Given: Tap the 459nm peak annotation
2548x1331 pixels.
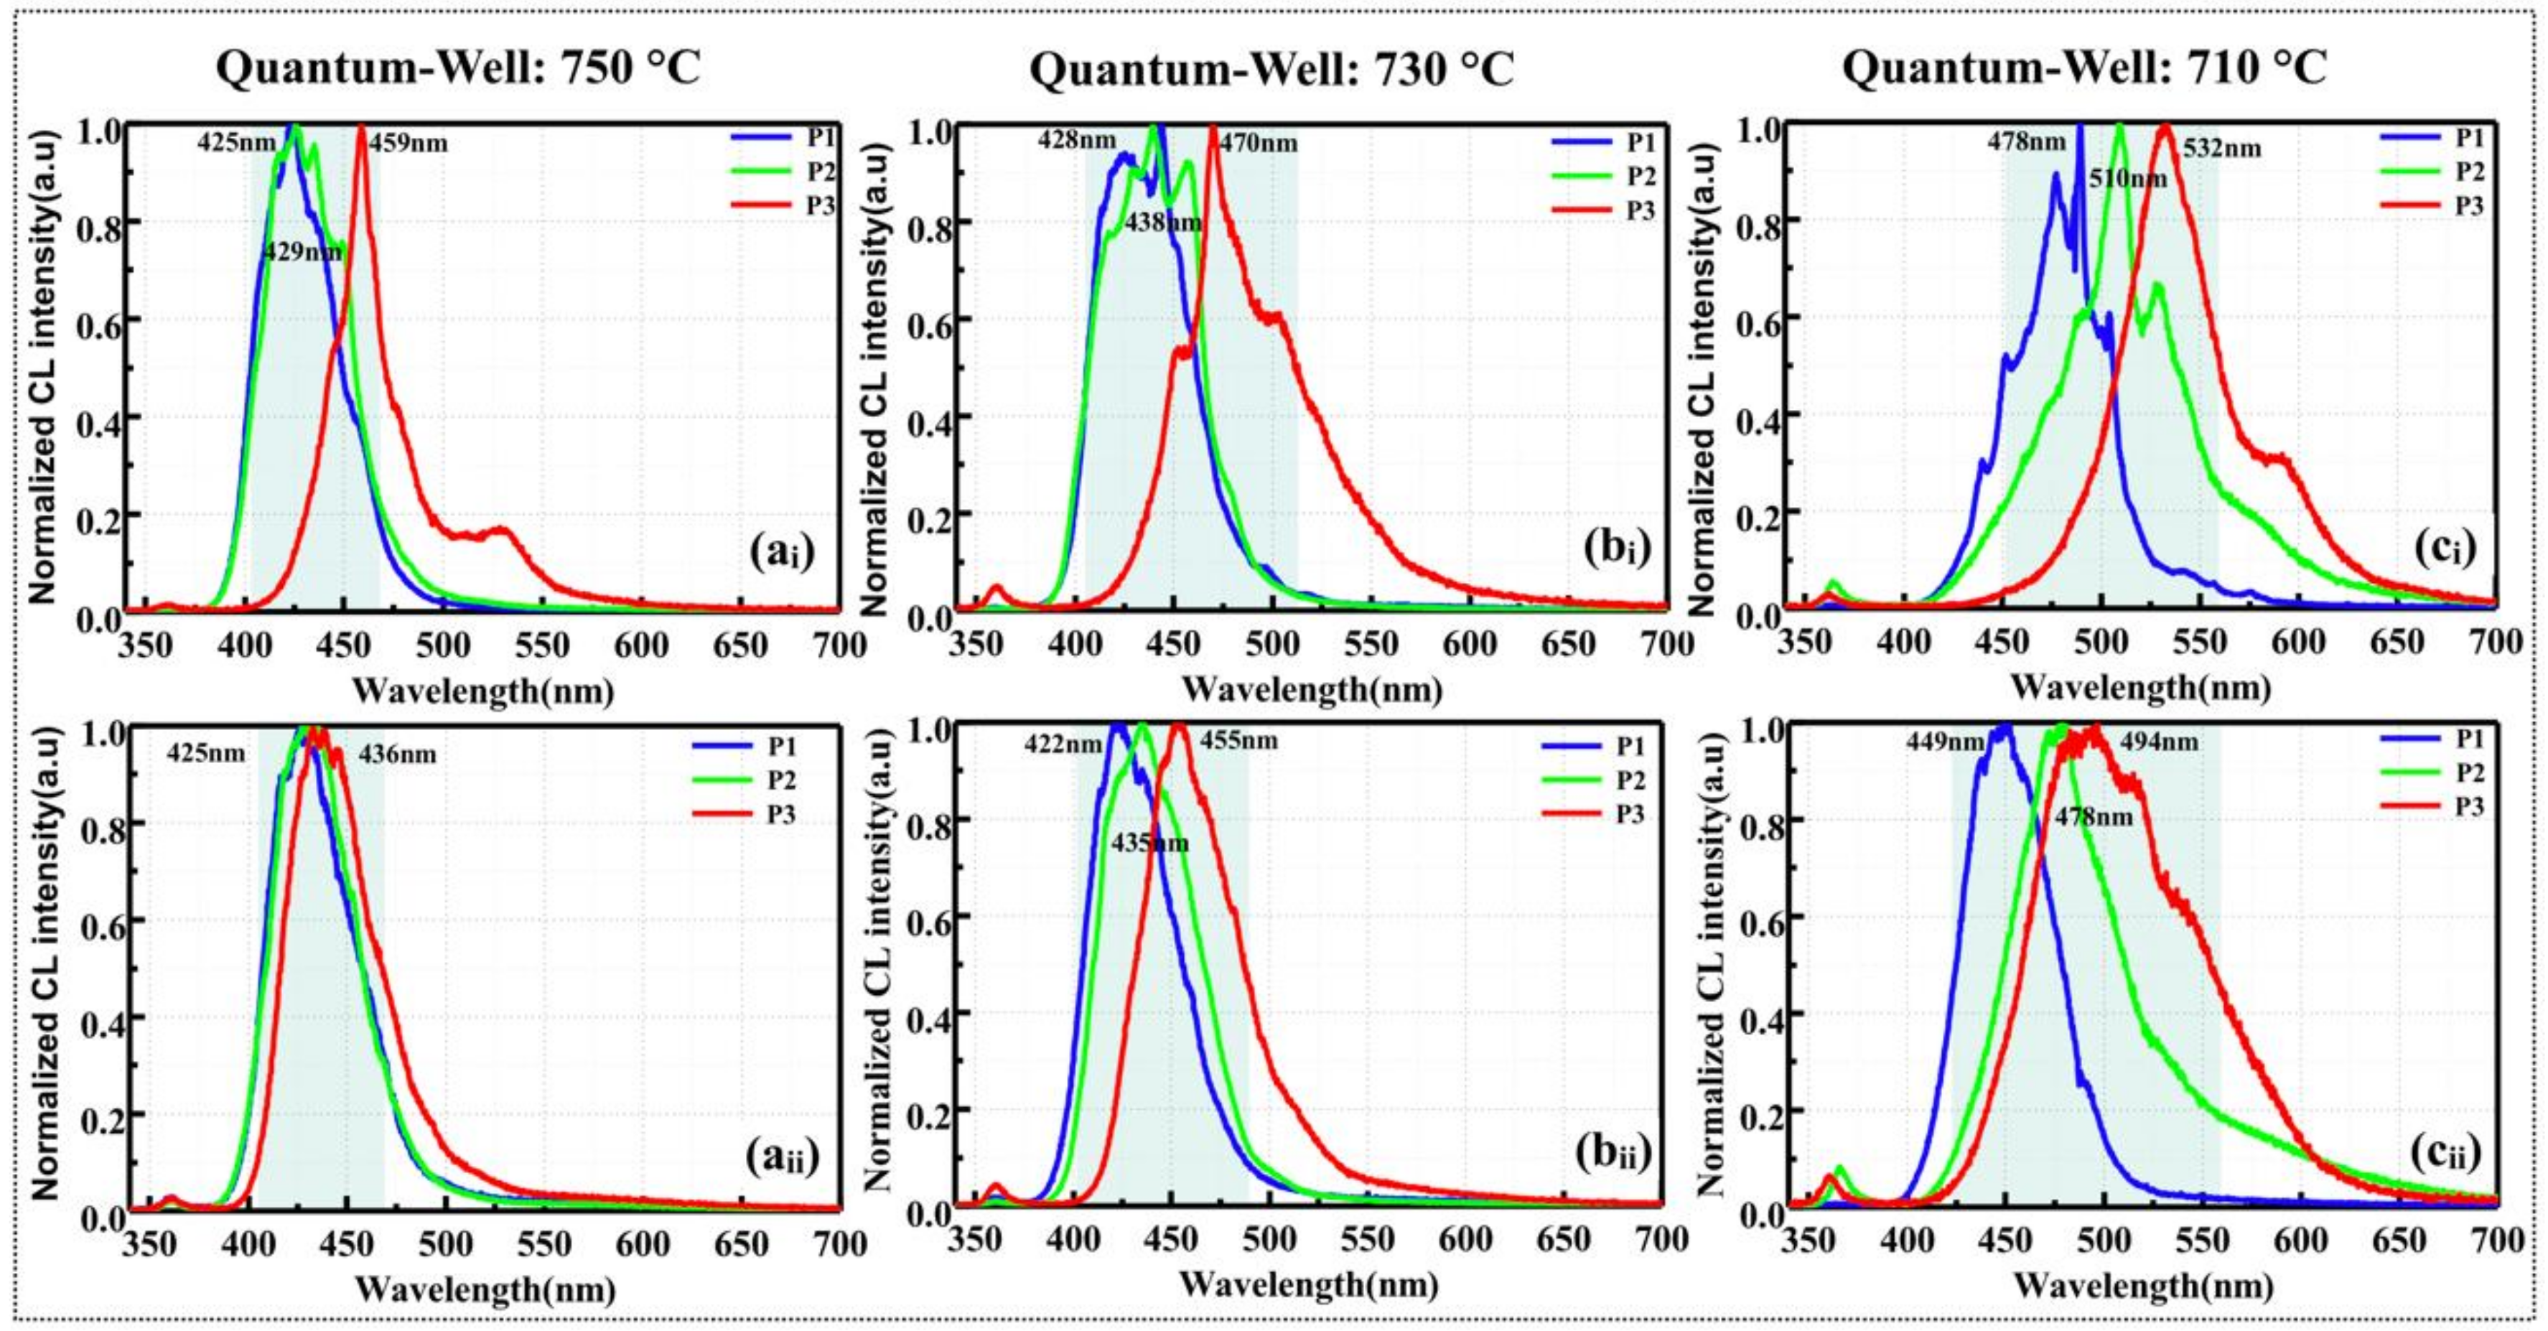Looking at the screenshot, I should point(408,144).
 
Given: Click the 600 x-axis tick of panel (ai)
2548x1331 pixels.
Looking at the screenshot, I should point(641,645).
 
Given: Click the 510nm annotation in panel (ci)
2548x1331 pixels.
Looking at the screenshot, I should point(2127,179).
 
